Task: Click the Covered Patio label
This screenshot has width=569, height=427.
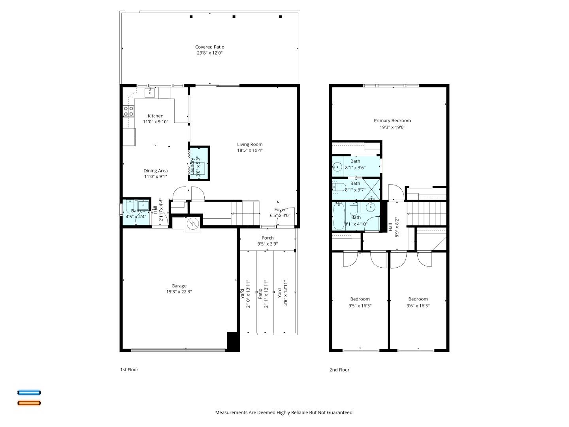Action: (x=209, y=47)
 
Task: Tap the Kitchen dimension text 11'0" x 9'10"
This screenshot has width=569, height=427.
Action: (x=155, y=122)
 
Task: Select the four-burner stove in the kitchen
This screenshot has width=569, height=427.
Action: (x=128, y=111)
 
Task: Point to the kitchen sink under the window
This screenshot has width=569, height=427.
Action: (x=150, y=93)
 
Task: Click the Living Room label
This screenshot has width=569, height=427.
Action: (x=249, y=144)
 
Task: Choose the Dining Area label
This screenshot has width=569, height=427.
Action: (x=155, y=171)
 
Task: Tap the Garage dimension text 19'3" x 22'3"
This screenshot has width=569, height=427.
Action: (x=179, y=292)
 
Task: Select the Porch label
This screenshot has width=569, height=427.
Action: (x=268, y=238)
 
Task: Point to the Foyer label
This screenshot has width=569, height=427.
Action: (x=280, y=210)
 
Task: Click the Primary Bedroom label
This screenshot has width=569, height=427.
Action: (x=392, y=121)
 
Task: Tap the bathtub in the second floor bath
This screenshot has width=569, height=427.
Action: (x=339, y=216)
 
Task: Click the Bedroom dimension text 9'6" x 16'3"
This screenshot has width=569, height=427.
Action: (x=418, y=306)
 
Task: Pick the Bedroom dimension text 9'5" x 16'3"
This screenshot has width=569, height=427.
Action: (x=360, y=306)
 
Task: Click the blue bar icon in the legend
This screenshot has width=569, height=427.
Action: (x=29, y=393)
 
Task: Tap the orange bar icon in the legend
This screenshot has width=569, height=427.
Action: (x=29, y=403)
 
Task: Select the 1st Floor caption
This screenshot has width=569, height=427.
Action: (x=129, y=370)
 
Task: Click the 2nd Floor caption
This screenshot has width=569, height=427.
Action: (x=339, y=370)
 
